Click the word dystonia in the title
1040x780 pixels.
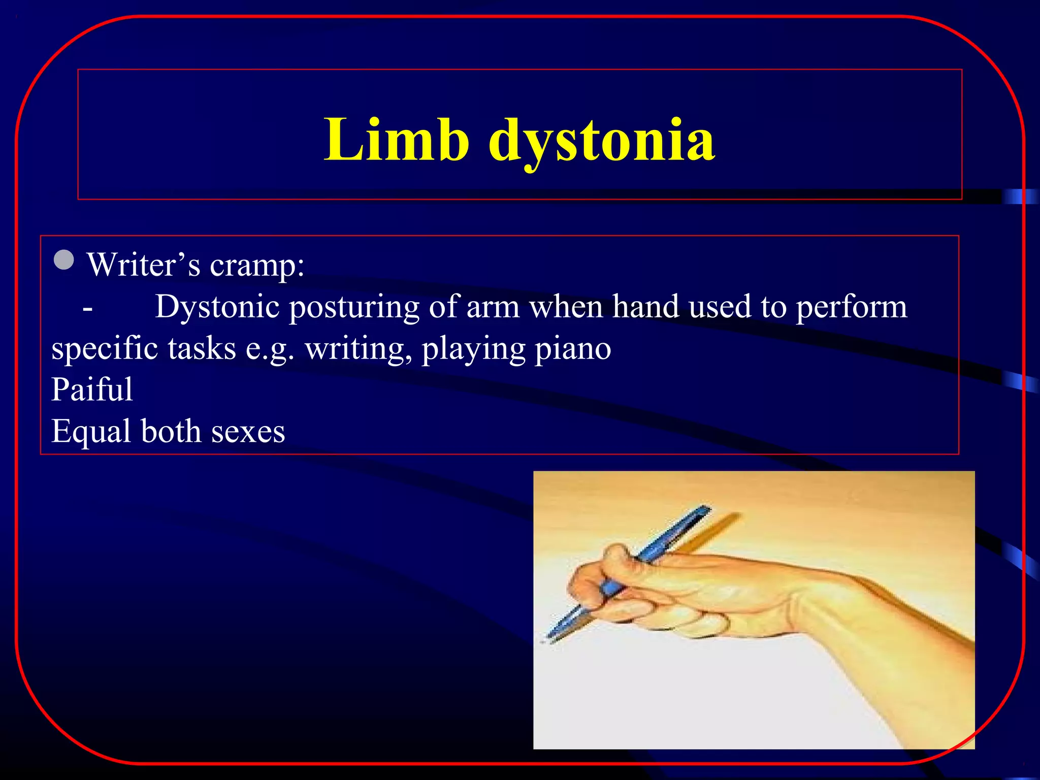pyautogui.click(x=602, y=140)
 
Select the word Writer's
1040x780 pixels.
pyautogui.click(x=144, y=265)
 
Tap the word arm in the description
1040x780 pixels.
pyautogui.click(x=493, y=307)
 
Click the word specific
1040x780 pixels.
pyautogui.click(x=105, y=349)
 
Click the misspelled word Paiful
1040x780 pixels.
pyautogui.click(x=92, y=389)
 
